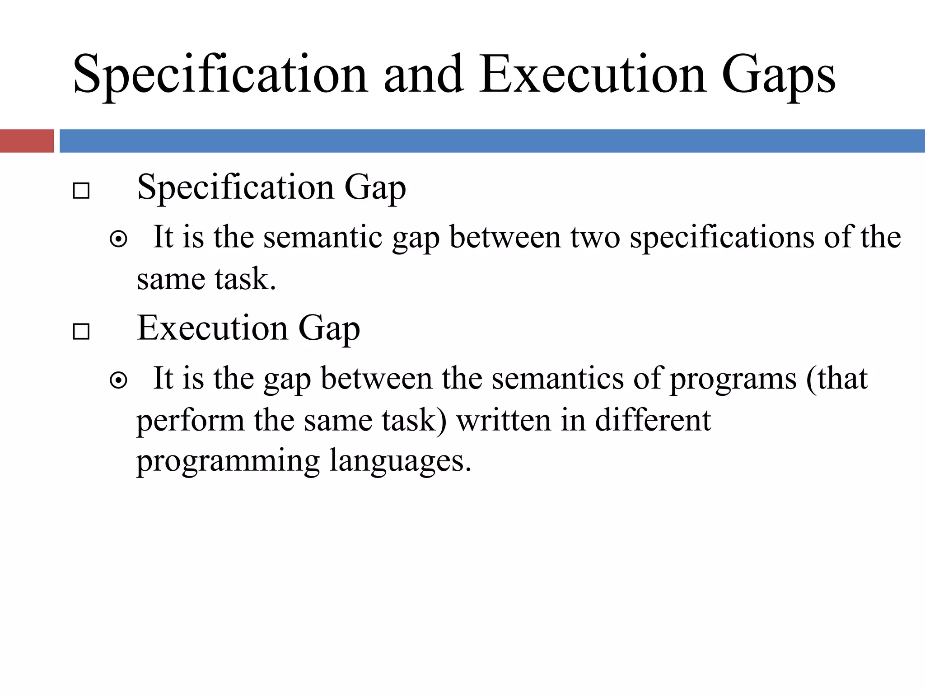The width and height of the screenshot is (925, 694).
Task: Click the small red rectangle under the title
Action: point(27,141)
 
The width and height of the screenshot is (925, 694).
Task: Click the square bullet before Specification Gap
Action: point(81,191)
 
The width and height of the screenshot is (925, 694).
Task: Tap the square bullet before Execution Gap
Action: point(81,332)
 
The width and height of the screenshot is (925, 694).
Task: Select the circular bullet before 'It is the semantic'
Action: point(118,239)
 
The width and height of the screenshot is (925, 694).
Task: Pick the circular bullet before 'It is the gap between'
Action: point(118,380)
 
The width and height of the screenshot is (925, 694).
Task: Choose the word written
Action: point(504,420)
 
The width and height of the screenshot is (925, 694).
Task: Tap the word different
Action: point(653,420)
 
